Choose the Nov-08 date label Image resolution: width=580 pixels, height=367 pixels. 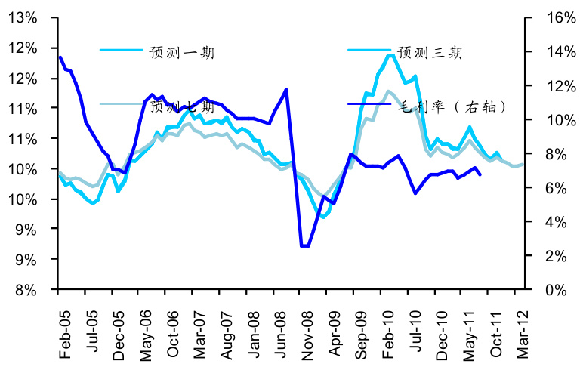(307, 325)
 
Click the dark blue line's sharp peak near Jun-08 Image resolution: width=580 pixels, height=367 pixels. (286, 89)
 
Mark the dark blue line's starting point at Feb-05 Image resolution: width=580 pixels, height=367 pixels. (60, 57)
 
